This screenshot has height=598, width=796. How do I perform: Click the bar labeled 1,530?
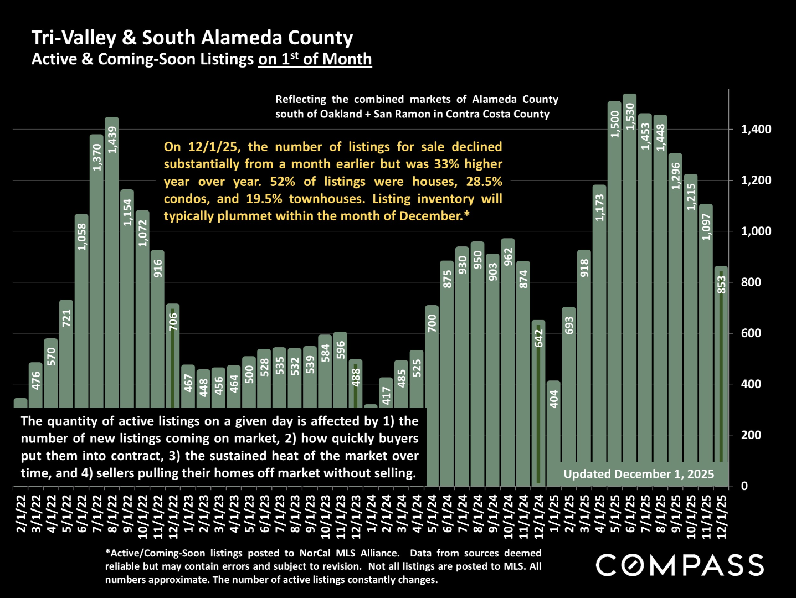click(x=629, y=288)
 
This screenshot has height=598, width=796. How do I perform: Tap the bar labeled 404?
click(x=553, y=432)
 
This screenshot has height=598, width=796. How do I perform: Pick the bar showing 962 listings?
click(x=508, y=360)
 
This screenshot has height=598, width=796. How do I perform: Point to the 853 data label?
click(x=721, y=284)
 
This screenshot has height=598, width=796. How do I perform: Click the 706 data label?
click(x=173, y=322)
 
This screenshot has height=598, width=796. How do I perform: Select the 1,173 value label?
click(x=599, y=207)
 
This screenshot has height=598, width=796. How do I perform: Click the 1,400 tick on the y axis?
click(x=756, y=130)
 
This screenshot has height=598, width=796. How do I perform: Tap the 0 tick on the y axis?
click(x=744, y=486)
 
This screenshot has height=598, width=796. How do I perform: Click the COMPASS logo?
click(x=680, y=565)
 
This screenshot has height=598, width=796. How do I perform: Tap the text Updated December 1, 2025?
click(x=639, y=474)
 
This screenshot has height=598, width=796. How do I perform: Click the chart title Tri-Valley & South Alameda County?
click(x=192, y=38)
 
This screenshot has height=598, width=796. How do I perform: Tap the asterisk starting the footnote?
click(x=107, y=553)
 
